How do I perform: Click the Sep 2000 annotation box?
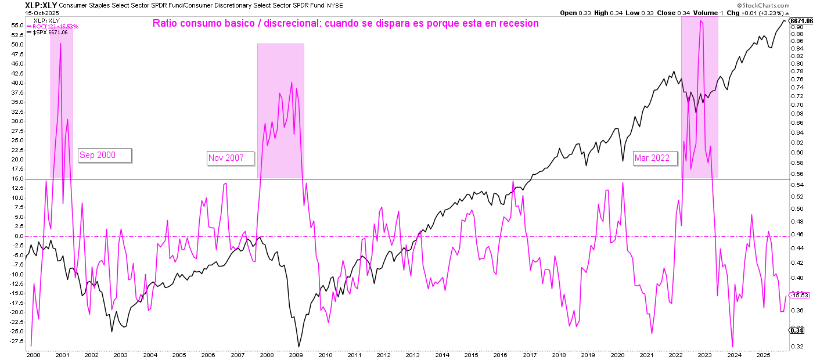tap(105, 155)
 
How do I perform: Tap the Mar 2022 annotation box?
tap(655, 158)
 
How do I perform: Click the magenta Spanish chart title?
tap(346, 24)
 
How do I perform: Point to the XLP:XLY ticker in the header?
tap(40, 5)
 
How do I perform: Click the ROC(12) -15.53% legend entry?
tap(56, 27)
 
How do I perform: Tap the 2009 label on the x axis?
tap(296, 355)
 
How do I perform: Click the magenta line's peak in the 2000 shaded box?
tap(60, 44)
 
